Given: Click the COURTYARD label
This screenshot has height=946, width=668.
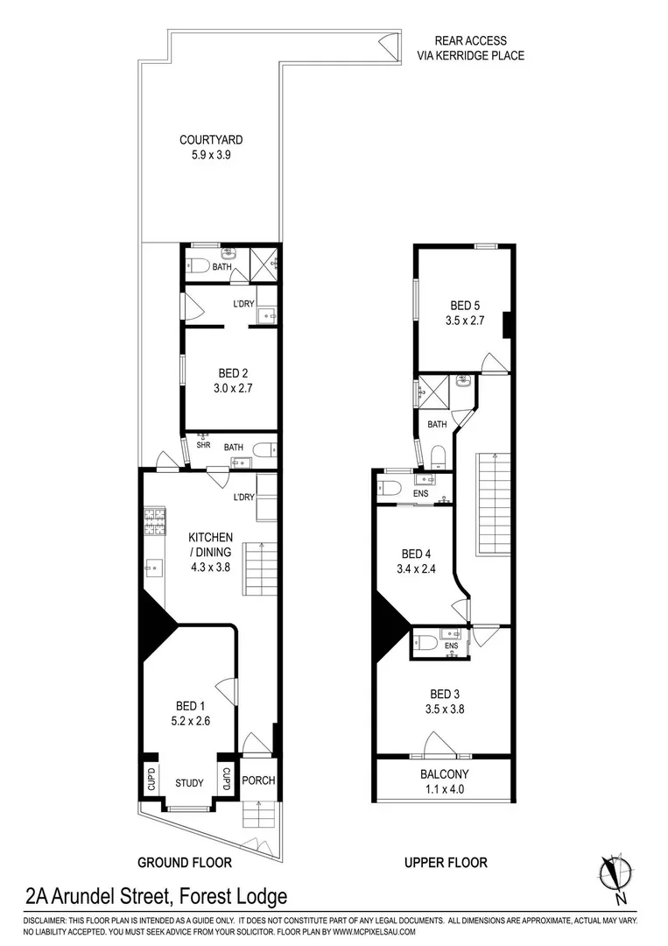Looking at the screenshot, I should pyautogui.click(x=211, y=139).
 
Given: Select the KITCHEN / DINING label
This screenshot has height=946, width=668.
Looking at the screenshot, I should pyautogui.click(x=211, y=544).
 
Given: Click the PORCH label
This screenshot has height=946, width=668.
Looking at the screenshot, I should pyautogui.click(x=258, y=780).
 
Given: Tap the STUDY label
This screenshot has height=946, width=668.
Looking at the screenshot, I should pyautogui.click(x=189, y=783).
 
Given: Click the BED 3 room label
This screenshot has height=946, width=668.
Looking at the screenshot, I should pyautogui.click(x=446, y=693).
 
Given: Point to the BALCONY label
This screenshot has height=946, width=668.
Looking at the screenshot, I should pyautogui.click(x=445, y=773).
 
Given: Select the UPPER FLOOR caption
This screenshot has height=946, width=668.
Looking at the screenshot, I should pyautogui.click(x=446, y=863).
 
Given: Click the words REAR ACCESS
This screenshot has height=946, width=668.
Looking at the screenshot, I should pyautogui.click(x=471, y=40).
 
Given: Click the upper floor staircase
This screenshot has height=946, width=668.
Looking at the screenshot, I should pyautogui.click(x=493, y=504).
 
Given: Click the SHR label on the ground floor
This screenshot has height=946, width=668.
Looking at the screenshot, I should pyautogui.click(x=203, y=446).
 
